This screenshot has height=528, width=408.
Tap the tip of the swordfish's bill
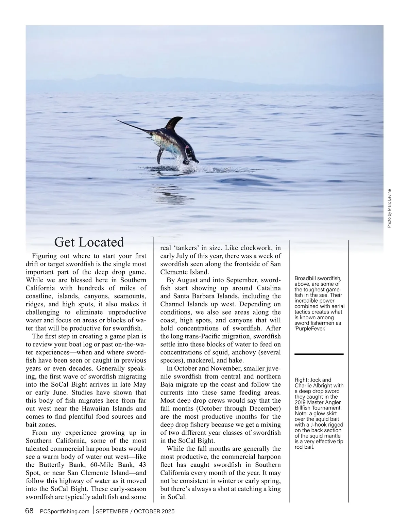(117, 120)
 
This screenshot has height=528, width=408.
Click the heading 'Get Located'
(89, 242)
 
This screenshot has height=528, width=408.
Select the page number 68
(29, 511)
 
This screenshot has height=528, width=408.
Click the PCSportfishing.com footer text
(65, 511)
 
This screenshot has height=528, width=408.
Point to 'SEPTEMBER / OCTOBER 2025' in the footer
(135, 511)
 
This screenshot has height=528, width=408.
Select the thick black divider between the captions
(319, 354)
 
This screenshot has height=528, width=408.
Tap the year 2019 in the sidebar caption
(301, 402)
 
